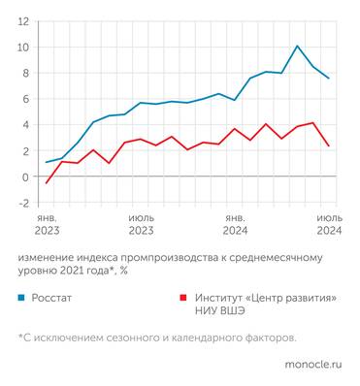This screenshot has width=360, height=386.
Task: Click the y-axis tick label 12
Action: [22, 21]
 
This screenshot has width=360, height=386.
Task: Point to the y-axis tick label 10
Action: [22, 48]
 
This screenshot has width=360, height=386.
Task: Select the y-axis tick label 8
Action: [25, 73]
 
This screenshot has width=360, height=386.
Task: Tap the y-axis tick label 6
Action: [25, 99]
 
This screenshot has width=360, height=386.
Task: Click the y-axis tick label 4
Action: [25, 125]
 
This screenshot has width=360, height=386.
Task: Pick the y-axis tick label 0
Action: [25, 177]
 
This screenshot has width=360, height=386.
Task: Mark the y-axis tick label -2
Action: [23, 203]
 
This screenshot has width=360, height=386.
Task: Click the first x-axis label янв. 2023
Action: [48, 225]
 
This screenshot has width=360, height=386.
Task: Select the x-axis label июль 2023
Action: [141, 225]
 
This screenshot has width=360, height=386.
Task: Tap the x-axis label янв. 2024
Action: [235, 225]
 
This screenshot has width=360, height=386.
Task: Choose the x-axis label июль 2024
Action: [329, 225]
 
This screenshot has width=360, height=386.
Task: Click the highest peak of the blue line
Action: [297, 46]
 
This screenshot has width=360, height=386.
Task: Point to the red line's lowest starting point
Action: [47, 182]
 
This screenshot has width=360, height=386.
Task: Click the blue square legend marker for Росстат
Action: [21, 299]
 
